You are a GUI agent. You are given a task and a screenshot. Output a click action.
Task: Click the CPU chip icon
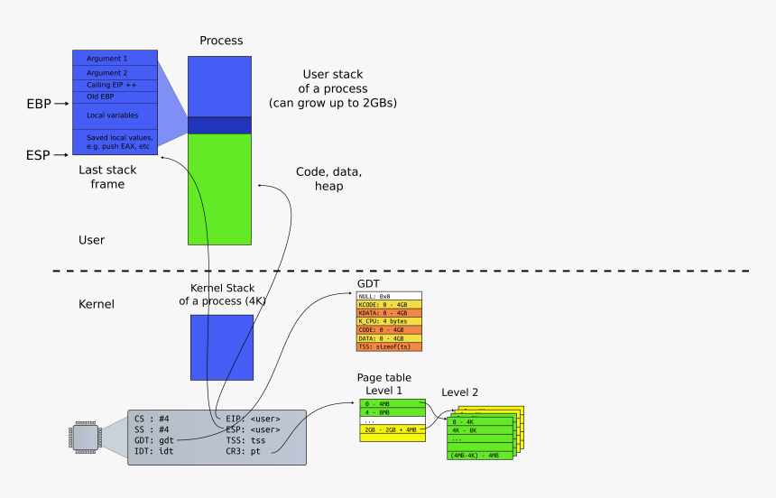pos(82,438)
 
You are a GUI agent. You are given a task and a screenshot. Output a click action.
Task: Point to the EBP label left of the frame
pos(39,105)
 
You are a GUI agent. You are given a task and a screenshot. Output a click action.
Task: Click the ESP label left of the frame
pos(38,156)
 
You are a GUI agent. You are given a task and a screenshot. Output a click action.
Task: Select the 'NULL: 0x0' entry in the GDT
pos(389,296)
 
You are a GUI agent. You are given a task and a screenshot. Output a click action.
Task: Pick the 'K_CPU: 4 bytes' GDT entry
pos(389,321)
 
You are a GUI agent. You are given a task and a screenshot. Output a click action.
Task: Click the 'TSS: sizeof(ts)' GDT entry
pos(389,346)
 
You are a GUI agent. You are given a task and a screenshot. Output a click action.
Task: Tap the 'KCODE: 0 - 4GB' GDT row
pos(389,304)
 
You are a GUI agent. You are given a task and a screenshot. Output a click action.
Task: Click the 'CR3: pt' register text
pos(244,449)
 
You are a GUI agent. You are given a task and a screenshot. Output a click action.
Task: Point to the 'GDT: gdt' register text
pos(154,439)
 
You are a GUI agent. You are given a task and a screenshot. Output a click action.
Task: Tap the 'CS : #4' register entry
pos(152,419)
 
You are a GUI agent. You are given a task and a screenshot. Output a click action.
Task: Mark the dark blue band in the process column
pos(219,125)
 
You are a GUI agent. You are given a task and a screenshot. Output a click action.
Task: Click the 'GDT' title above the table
pos(369,283)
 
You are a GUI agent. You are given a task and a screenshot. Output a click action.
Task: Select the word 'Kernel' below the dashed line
pos(97,305)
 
